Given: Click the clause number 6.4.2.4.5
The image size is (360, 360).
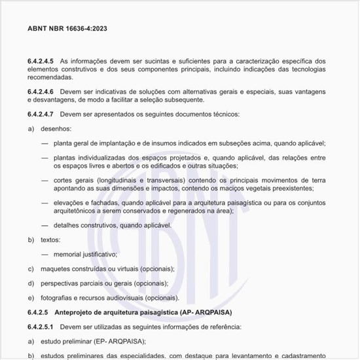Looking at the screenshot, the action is tap(41, 60).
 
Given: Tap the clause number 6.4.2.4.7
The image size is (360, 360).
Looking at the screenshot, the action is tap(41, 114).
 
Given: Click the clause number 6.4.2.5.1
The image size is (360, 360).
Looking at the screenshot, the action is tap(41, 325).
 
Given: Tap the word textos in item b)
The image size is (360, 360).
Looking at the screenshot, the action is tap(50, 240).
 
